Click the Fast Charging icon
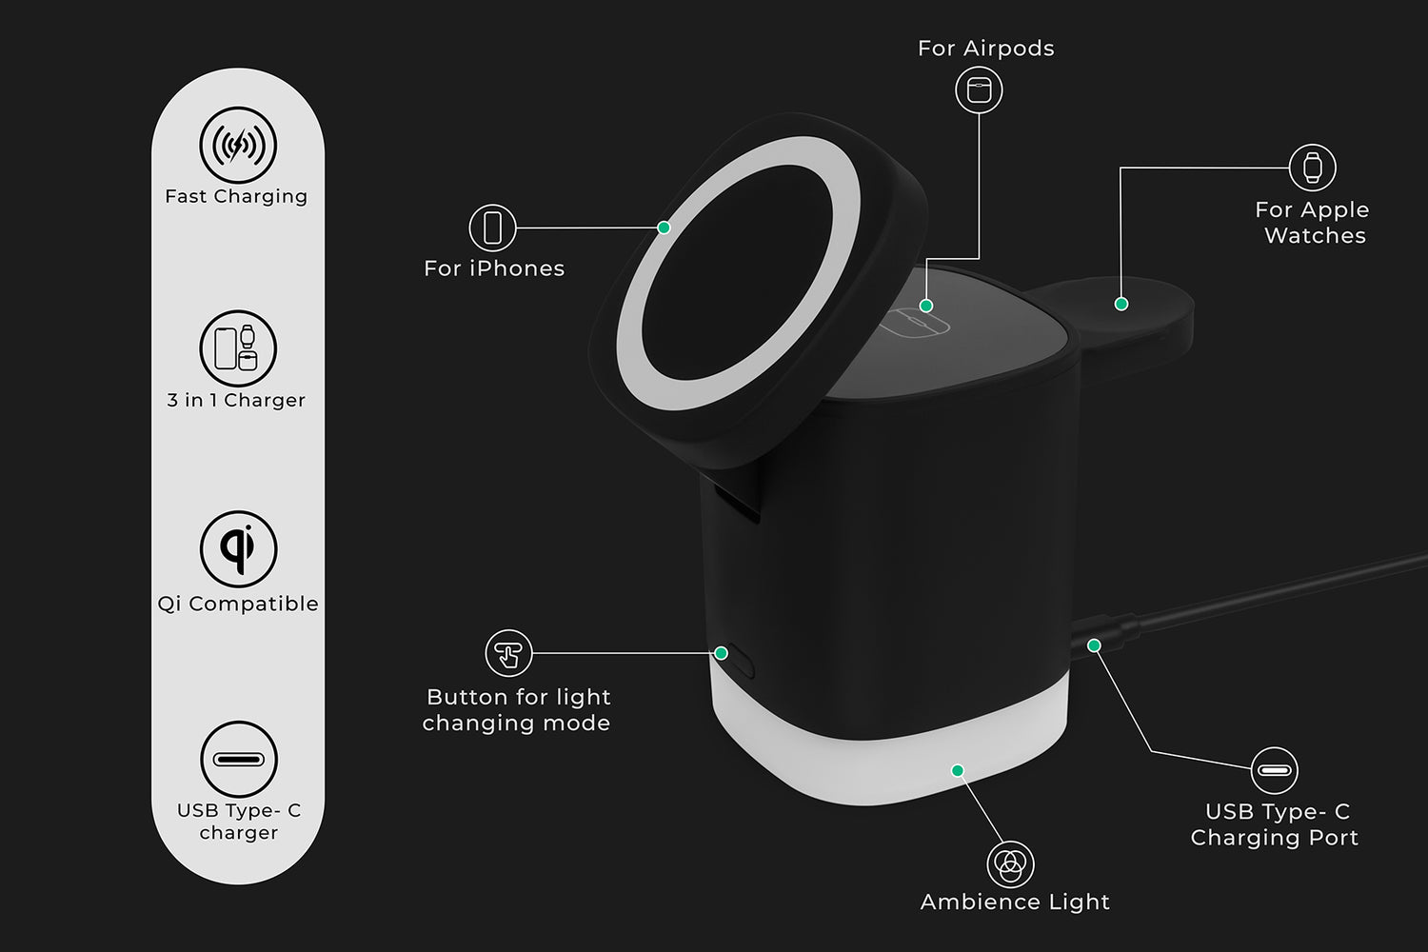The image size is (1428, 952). pyautogui.click(x=238, y=146)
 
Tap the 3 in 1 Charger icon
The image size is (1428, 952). pyautogui.click(x=238, y=348)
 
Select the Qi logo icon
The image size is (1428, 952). pyautogui.click(x=238, y=549)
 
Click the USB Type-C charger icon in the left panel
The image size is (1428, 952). pyautogui.click(x=238, y=759)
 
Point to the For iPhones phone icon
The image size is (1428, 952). pyautogui.click(x=492, y=228)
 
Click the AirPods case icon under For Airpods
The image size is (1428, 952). pyautogui.click(x=979, y=89)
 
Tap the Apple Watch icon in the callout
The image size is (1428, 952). pyautogui.click(x=1313, y=168)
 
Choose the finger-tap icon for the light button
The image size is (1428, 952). pyautogui.click(x=508, y=653)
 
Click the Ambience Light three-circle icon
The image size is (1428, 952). pyautogui.click(x=1010, y=864)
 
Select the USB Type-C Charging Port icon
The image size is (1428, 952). pyautogui.click(x=1275, y=770)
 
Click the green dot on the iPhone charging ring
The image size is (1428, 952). pyautogui.click(x=664, y=228)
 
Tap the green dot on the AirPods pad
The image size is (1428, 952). pyautogui.click(x=926, y=307)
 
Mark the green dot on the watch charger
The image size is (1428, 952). pyautogui.click(x=1121, y=304)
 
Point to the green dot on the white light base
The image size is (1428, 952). pyautogui.click(x=958, y=771)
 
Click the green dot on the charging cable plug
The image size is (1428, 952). pyautogui.click(x=1094, y=645)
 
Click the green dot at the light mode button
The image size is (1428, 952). pyautogui.click(x=721, y=653)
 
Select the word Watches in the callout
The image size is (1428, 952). pyautogui.click(x=1315, y=236)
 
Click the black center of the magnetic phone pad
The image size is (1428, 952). pyautogui.click(x=738, y=272)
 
